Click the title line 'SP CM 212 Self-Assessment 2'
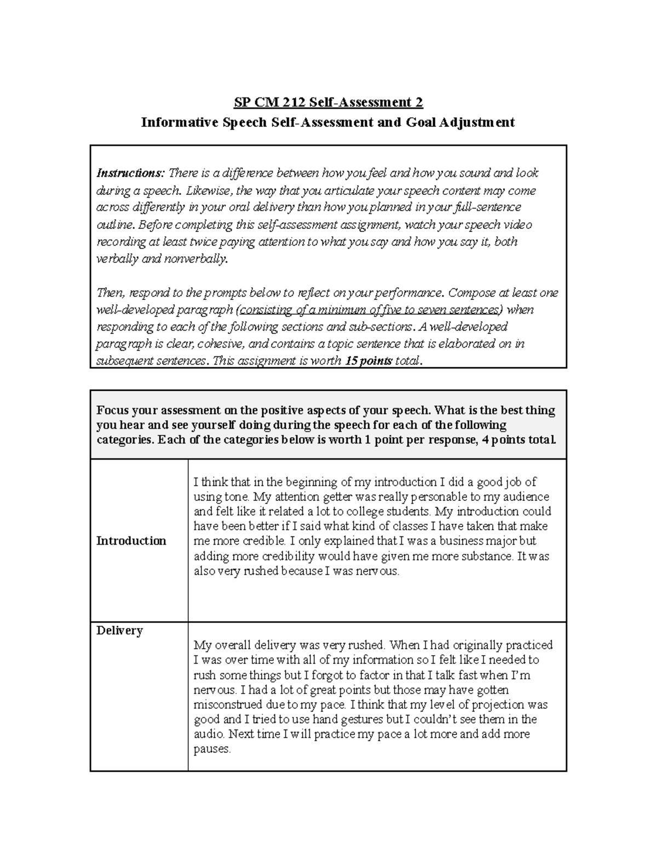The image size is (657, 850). pos(328,102)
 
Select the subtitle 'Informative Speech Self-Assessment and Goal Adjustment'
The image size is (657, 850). pos(328,122)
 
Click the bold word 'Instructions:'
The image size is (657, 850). pos(130,174)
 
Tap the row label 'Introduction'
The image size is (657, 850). pos(131,541)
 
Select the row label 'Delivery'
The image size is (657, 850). pos(119,631)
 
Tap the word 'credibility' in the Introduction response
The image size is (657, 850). pos(287,557)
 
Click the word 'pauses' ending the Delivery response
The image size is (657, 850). pos(212,749)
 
